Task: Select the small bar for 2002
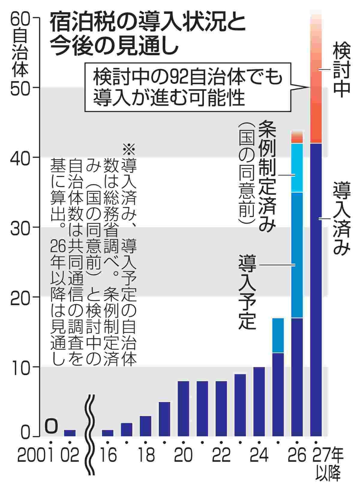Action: click(70, 433)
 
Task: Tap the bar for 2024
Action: click(259, 401)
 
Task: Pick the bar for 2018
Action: click(145, 426)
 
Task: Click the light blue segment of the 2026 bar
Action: click(297, 168)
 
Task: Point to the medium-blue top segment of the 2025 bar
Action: click(278, 335)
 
